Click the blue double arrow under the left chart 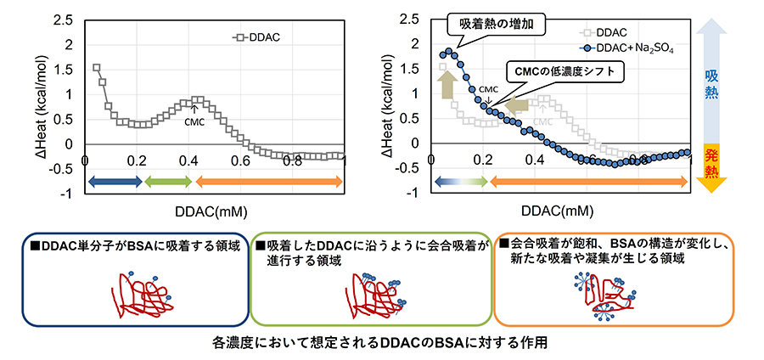click(115, 180)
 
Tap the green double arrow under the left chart click(167, 180)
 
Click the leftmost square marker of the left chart click(97, 68)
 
